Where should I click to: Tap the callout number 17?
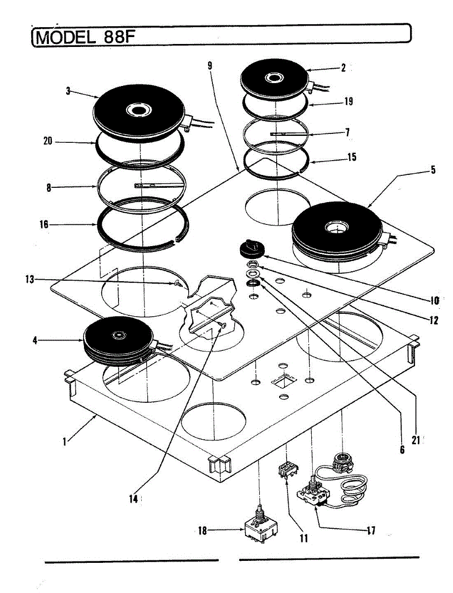[371, 531]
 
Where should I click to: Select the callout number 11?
[303, 538]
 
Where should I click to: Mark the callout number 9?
[210, 65]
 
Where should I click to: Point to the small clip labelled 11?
[287, 469]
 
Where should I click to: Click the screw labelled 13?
[176, 283]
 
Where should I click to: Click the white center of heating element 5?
[337, 228]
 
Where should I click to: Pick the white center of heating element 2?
[273, 78]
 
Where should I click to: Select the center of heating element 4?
[119, 336]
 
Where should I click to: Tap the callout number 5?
[433, 170]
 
